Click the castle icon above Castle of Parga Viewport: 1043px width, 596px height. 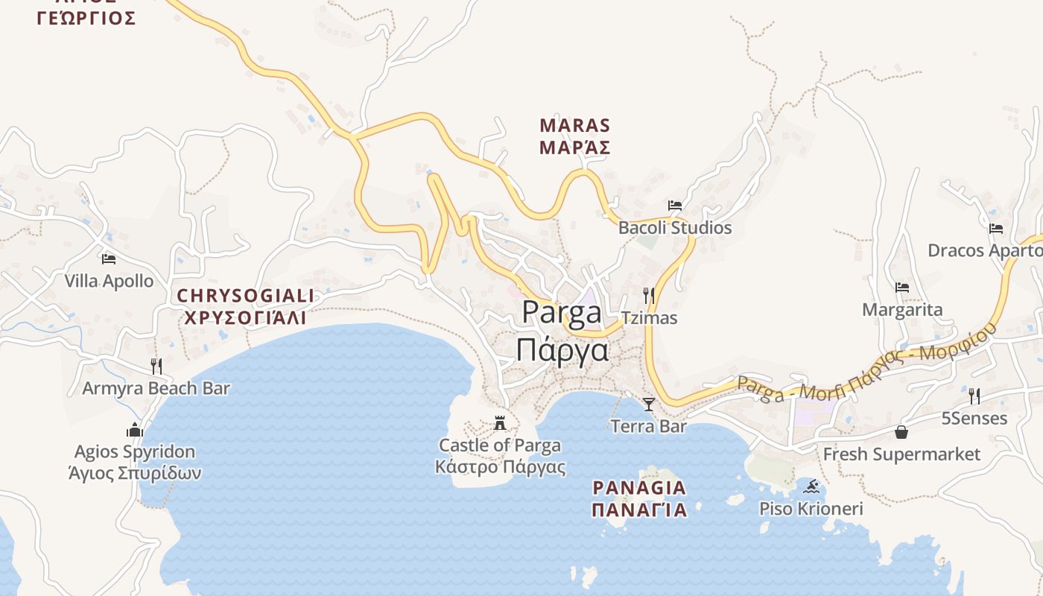click(x=500, y=423)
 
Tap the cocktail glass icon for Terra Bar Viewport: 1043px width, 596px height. click(x=649, y=405)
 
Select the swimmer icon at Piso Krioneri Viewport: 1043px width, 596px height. click(x=811, y=487)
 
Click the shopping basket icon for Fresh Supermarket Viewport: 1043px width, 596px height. click(x=901, y=432)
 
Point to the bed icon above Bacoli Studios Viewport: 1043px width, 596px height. click(x=675, y=206)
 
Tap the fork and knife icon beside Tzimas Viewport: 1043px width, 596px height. click(x=649, y=296)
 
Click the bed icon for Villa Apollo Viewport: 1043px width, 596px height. click(x=109, y=259)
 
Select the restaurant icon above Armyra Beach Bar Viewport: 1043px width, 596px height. click(x=156, y=366)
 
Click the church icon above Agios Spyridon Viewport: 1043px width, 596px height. click(x=135, y=430)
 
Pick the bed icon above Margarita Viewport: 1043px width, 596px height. click(x=902, y=288)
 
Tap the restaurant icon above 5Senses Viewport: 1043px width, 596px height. click(x=974, y=396)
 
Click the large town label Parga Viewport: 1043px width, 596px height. click(x=562, y=312)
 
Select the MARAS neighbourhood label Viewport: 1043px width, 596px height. click(x=574, y=125)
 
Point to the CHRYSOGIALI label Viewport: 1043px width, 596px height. click(x=245, y=296)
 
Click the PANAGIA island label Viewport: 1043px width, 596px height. click(x=639, y=488)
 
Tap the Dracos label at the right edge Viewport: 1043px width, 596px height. click(x=983, y=250)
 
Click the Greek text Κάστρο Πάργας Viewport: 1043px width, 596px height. click(x=500, y=468)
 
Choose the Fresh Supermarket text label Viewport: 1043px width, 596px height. click(x=901, y=454)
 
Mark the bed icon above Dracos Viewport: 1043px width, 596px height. click(x=996, y=229)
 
